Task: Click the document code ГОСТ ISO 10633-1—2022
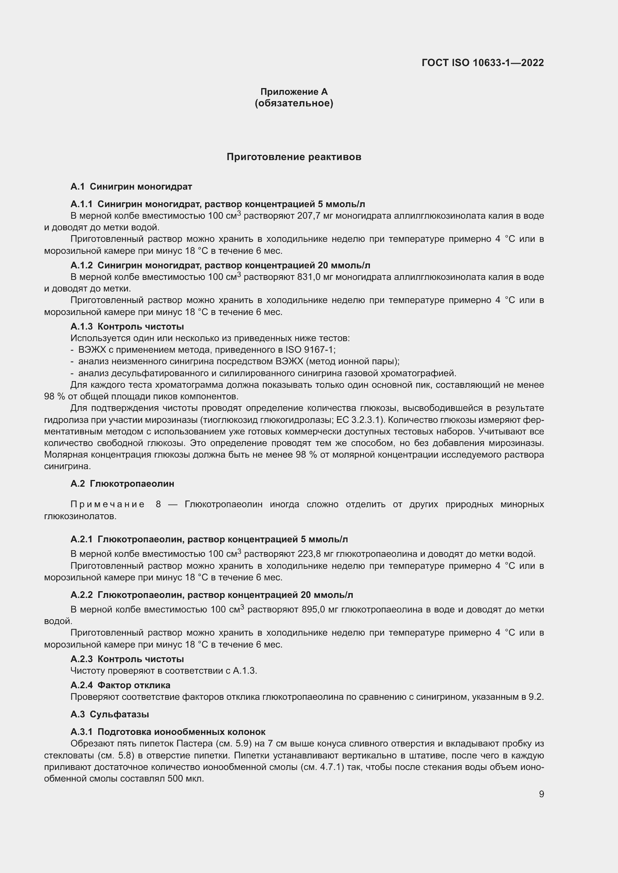[482, 63]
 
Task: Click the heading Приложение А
[294, 92]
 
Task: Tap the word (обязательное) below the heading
[294, 103]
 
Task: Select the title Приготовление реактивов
[294, 157]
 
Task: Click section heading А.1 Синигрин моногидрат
[131, 187]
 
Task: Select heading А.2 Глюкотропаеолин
[123, 484]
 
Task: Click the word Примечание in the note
[108, 505]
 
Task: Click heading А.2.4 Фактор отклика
[120, 685]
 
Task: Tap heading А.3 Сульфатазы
[109, 714]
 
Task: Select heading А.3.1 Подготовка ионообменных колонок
[168, 732]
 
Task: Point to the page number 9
[541, 794]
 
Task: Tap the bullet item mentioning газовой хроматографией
[266, 373]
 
